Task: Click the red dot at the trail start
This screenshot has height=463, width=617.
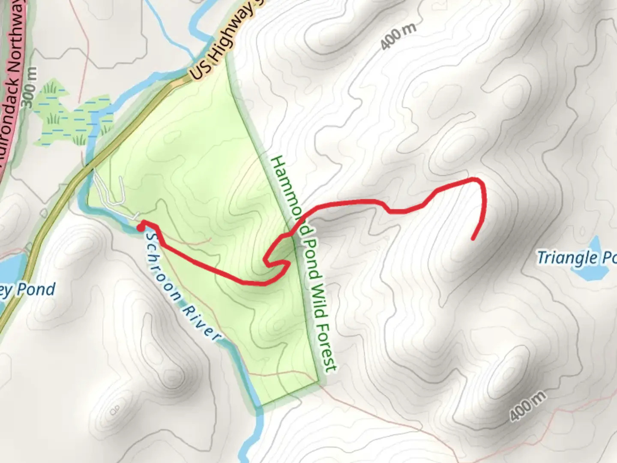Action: (140, 228)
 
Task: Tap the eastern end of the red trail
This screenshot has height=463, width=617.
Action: (473, 239)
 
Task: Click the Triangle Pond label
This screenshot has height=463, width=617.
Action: (576, 258)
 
